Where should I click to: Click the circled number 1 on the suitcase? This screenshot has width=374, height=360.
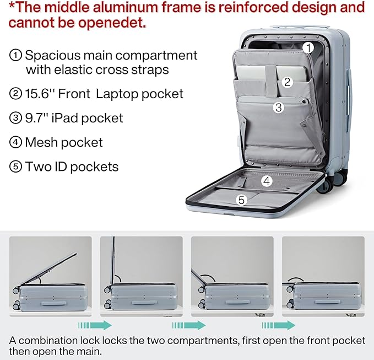click(x=309, y=48)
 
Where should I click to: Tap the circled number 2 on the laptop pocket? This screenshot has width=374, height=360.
click(x=287, y=82)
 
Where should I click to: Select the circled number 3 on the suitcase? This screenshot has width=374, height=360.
click(x=279, y=108)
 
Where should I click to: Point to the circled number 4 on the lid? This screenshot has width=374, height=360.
click(x=267, y=180)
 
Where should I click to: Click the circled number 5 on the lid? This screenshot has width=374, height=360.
click(x=241, y=200)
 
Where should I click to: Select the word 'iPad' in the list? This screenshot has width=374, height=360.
click(x=68, y=118)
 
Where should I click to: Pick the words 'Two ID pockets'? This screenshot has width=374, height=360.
click(x=72, y=166)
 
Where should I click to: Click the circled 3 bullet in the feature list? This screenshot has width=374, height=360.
click(x=15, y=118)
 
